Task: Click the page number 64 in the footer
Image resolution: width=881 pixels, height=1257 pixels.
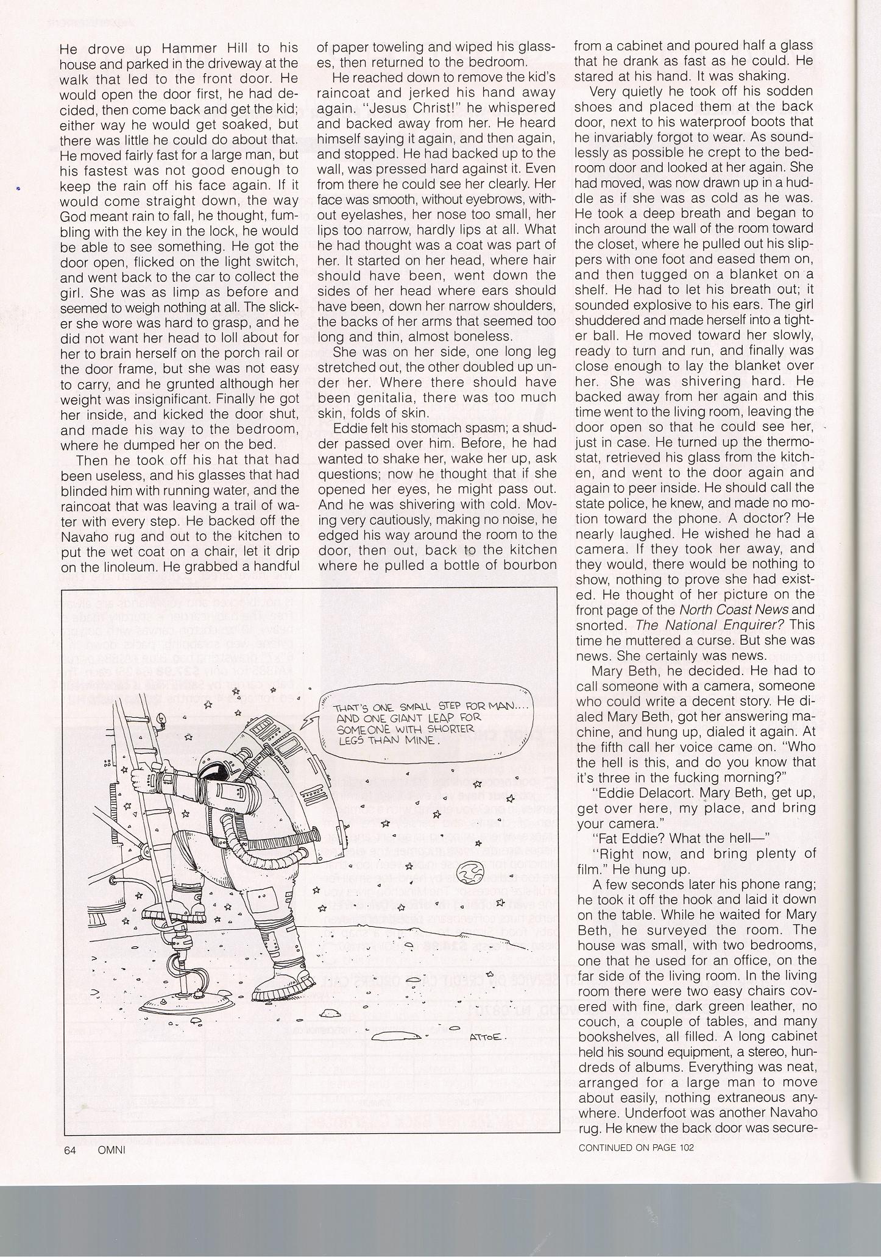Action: coord(68,1149)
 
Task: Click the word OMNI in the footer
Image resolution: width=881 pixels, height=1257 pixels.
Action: coord(111,1149)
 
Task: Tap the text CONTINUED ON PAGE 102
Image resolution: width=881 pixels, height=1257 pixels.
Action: coord(636,1147)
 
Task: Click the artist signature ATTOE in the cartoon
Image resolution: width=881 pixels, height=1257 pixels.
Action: coord(485,1037)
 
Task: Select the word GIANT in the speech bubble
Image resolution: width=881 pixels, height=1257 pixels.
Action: coord(397,718)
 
